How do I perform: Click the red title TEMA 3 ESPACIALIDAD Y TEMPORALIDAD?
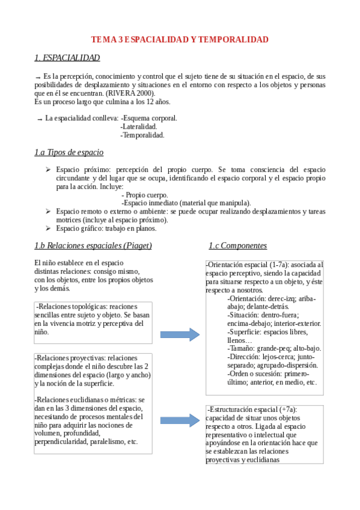pos(180,40)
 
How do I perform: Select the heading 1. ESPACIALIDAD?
pos(67,58)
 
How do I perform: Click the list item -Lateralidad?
pos(139,127)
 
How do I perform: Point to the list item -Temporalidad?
pos(142,135)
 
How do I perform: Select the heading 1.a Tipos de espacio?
pos(69,153)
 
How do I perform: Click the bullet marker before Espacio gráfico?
pos(48,228)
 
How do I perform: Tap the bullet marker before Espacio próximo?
pos(48,170)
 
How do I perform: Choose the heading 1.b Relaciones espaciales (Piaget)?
pos(93,245)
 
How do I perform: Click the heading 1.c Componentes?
pos(238,245)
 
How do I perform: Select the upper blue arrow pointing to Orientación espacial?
pos(180,334)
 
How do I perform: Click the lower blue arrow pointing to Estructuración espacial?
pos(180,420)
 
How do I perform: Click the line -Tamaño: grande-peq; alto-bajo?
pos(274,348)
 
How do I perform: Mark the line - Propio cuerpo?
pos(145,195)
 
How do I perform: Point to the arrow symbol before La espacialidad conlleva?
pos(40,119)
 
